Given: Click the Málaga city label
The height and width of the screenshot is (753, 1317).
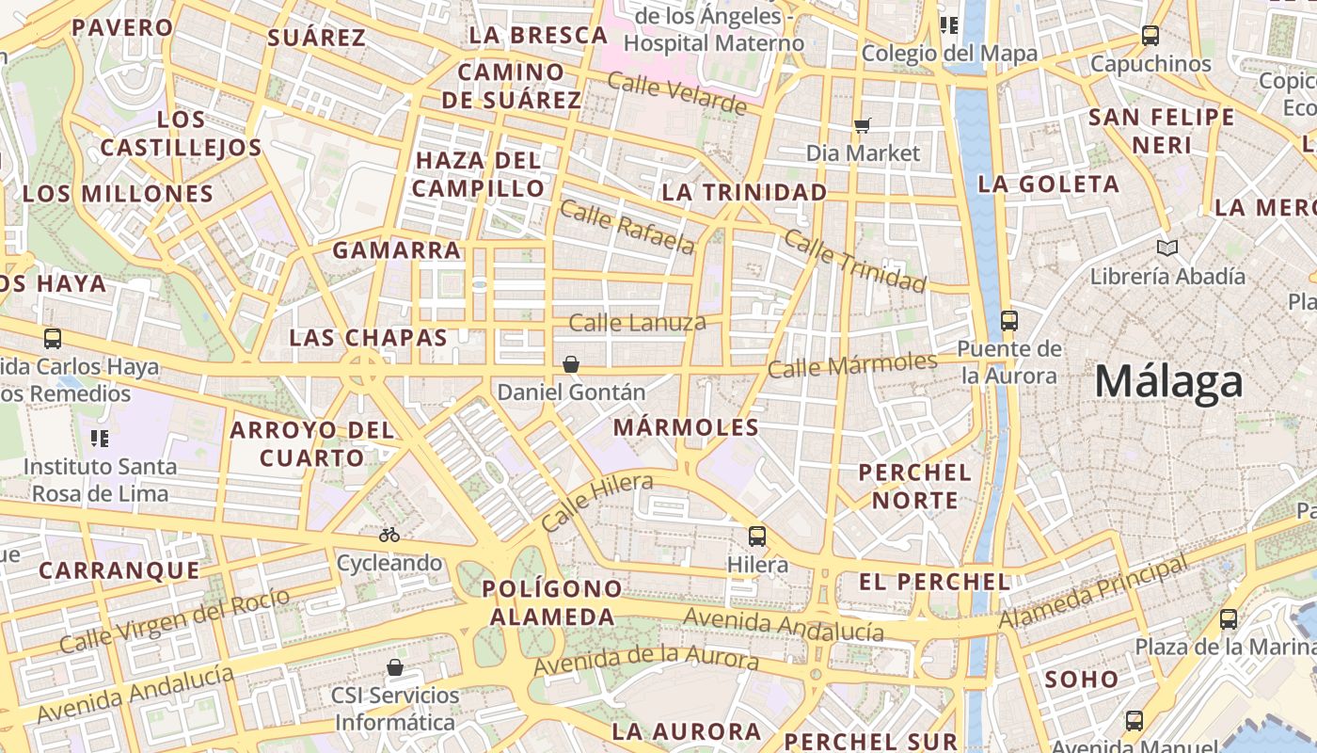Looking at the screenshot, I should pos(1168,383).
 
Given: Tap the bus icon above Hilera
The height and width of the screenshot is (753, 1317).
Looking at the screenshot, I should pos(757,537).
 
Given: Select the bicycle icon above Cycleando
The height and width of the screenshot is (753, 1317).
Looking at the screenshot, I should pos(389,535).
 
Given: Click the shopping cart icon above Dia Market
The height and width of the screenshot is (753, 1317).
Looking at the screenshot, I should pos(863,125).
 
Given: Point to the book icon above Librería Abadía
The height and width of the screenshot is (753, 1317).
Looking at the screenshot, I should pos(1167,248).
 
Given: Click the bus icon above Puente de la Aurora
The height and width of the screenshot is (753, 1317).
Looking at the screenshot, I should pos(1009,321).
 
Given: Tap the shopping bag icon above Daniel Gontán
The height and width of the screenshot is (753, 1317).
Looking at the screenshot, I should pos(571,364).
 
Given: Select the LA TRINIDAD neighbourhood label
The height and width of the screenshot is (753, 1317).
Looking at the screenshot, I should pos(744,192).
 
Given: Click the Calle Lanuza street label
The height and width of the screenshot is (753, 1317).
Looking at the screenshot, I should pos(637,323).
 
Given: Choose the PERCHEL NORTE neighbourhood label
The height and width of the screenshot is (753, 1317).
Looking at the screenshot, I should pos(914,486).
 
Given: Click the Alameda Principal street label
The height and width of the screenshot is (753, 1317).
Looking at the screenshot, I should pos(1092,594).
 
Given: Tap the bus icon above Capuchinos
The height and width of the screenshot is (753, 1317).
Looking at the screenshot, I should pos(1150,36).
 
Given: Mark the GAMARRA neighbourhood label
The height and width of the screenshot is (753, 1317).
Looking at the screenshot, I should pos(396,250).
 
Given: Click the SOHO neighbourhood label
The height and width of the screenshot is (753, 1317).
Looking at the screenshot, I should pos(1082,679).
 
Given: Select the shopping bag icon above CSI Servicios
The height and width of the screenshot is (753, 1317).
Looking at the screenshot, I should pos(395,667).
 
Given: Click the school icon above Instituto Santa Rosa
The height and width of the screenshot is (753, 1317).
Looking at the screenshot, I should pos(100,438).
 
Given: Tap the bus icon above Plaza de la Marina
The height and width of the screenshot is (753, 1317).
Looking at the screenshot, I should pos(1229,619).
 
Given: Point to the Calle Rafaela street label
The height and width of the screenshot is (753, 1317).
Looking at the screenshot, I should pos(627,227).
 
